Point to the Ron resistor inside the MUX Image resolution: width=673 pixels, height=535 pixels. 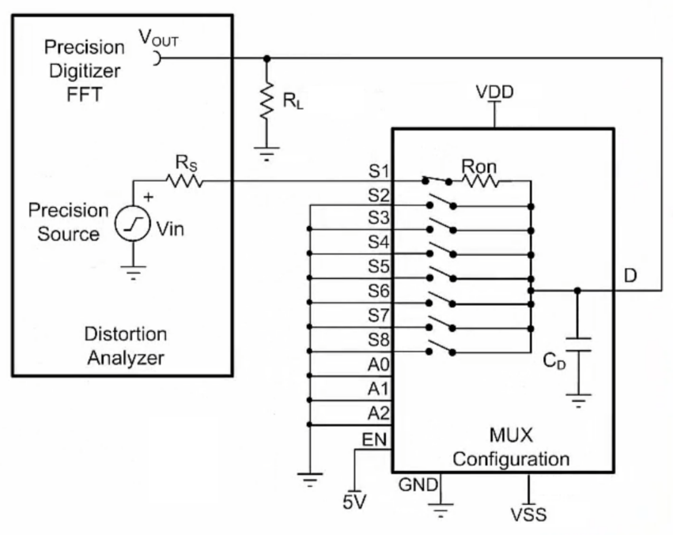[480, 182]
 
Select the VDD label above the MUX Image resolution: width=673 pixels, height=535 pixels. [495, 92]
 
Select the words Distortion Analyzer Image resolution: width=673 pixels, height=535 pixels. [127, 345]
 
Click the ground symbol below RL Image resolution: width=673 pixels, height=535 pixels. [267, 153]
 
